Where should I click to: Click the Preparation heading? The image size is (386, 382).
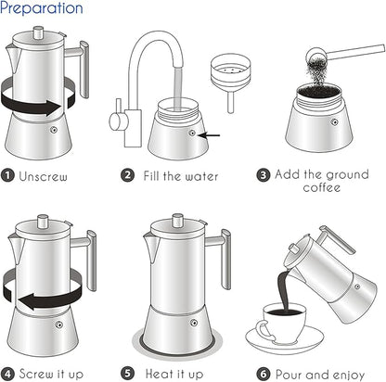42,9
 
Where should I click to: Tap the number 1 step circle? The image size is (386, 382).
8,173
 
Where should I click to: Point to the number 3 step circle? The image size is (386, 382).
264,173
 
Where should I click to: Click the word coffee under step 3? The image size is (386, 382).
321,187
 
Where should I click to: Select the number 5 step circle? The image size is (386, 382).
135,374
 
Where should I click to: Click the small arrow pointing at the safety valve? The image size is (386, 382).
212,134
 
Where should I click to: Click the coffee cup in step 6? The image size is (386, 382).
278,328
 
